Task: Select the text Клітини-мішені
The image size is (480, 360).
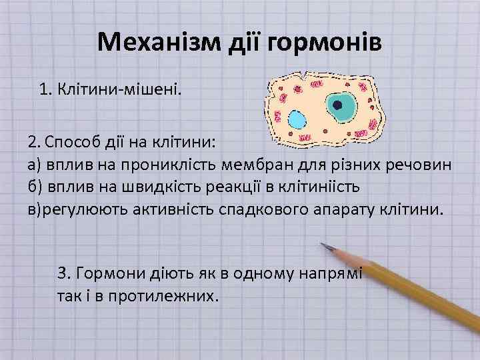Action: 118,89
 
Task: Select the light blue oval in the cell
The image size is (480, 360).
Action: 297,121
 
